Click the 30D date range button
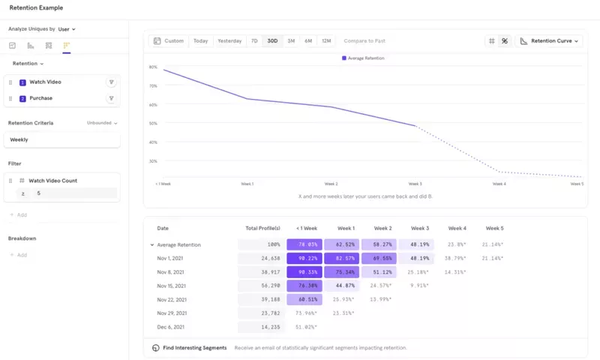[x=272, y=41]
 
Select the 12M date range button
[x=325, y=41]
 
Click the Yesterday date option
[x=229, y=41]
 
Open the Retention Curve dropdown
[x=550, y=41]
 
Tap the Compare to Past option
[x=364, y=41]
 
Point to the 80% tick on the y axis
[x=153, y=67]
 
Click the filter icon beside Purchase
[x=111, y=98]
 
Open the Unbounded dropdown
[x=102, y=123]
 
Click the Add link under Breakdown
[x=22, y=255]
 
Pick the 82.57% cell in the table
[x=342, y=258]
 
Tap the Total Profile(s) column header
[x=262, y=228]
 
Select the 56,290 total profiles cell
[x=261, y=286]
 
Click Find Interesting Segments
[x=194, y=348]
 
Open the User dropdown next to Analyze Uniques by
[x=67, y=29]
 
